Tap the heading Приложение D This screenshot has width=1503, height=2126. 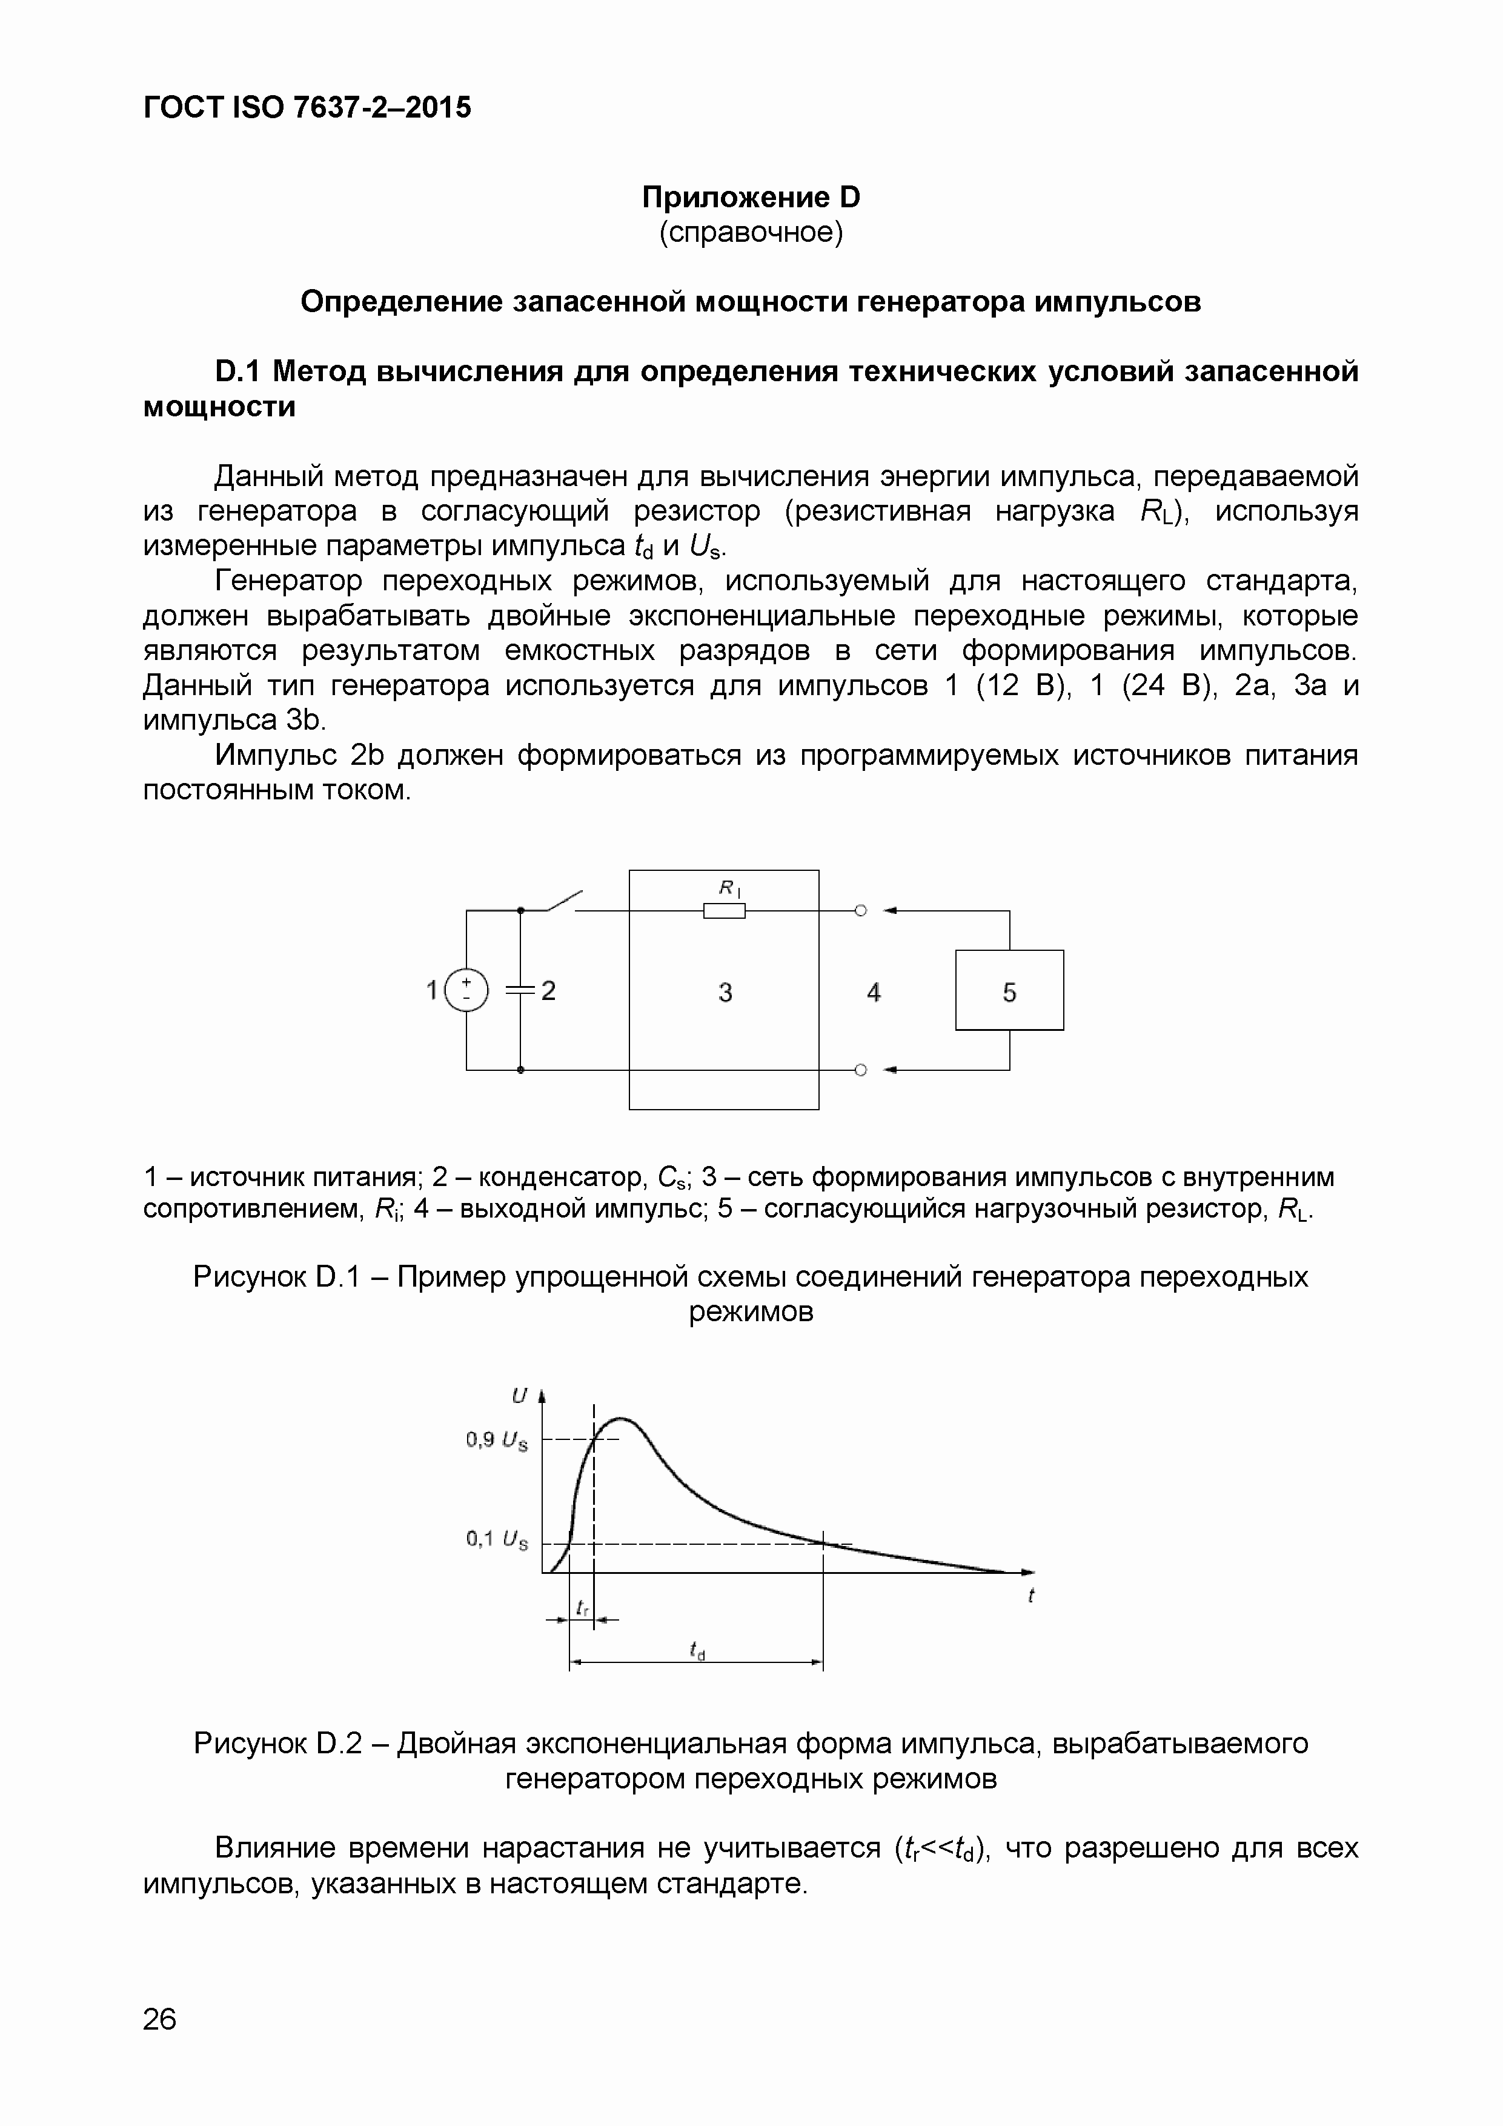pyautogui.click(x=751, y=197)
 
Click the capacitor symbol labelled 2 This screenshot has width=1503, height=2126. pyautogui.click(x=521, y=991)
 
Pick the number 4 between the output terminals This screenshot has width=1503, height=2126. pyautogui.click(x=874, y=993)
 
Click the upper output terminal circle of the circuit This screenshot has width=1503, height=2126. pyautogui.click(x=860, y=911)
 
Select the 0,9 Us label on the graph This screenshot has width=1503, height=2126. pyautogui.click(x=497, y=1440)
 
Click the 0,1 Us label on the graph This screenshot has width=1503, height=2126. pyautogui.click(x=497, y=1539)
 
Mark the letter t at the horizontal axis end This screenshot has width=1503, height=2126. pyautogui.click(x=1030, y=1594)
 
